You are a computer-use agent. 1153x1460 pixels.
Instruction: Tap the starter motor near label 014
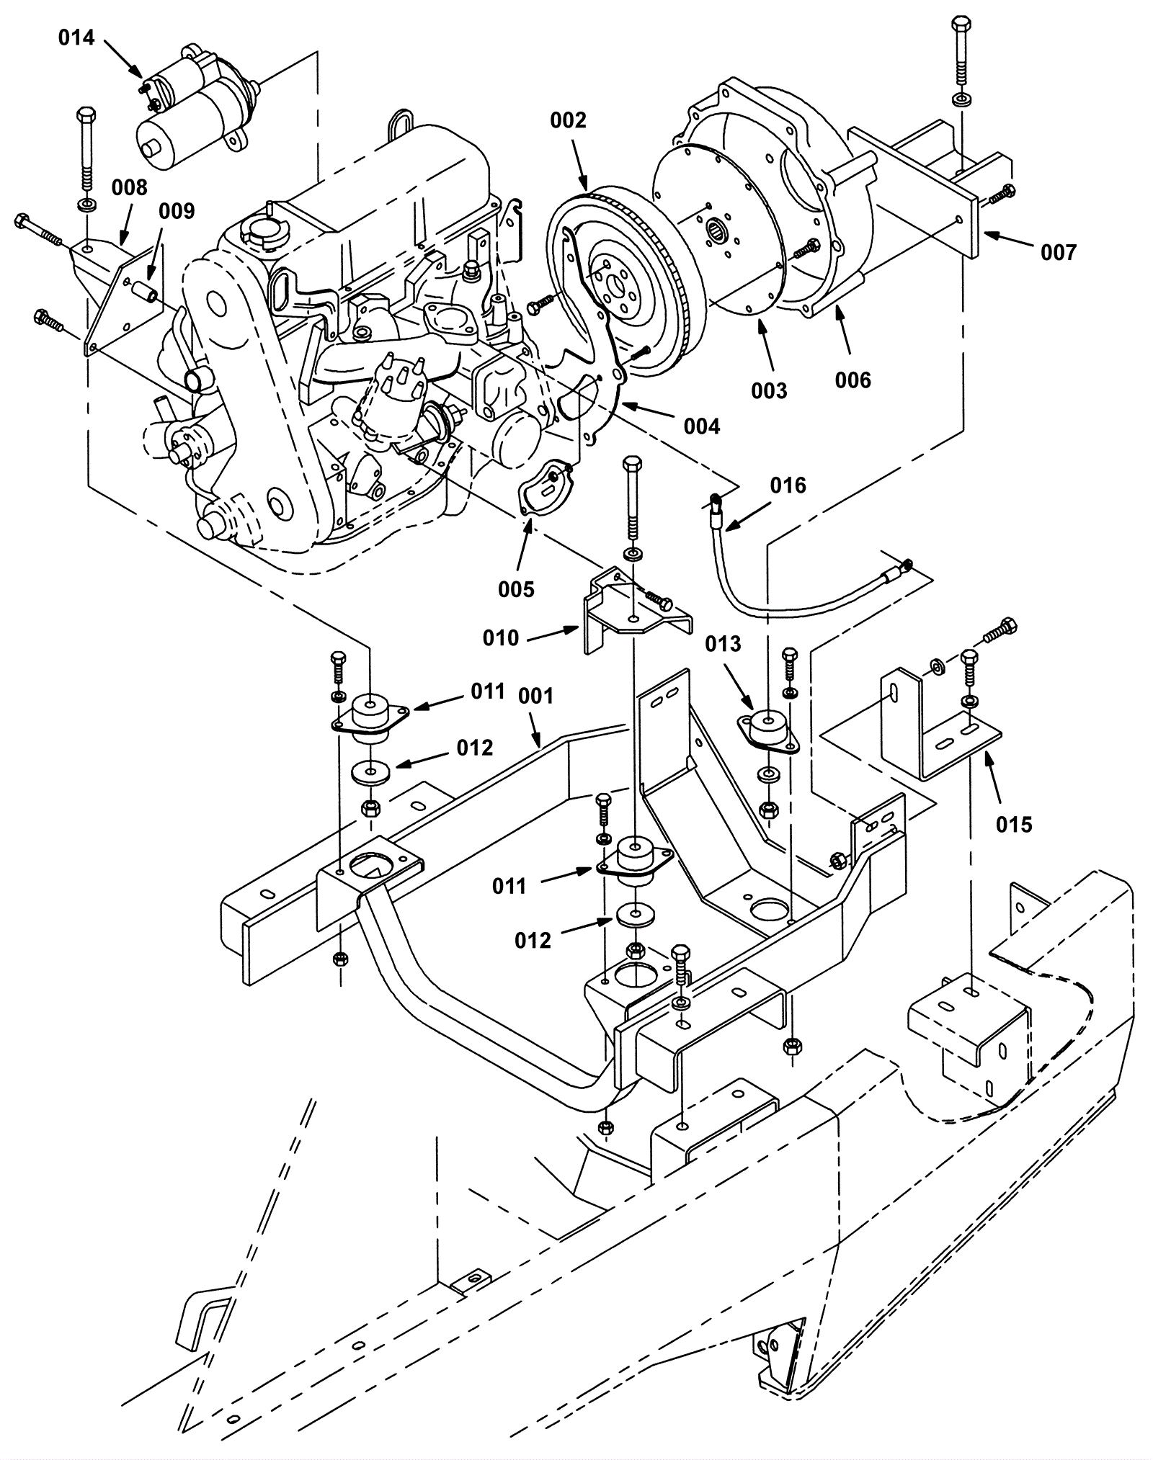199,100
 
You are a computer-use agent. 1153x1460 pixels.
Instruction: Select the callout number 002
569,120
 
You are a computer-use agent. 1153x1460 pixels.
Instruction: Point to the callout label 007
1058,252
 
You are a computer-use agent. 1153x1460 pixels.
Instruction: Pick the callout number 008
129,187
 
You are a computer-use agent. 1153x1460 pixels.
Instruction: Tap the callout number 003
769,390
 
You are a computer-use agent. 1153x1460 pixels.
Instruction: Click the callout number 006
853,380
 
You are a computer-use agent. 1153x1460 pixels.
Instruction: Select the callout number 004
702,426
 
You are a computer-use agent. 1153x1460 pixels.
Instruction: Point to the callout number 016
788,485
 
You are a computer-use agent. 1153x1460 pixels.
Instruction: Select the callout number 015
1014,824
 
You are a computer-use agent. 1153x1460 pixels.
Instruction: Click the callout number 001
536,696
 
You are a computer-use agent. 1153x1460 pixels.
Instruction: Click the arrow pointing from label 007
1009,240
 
